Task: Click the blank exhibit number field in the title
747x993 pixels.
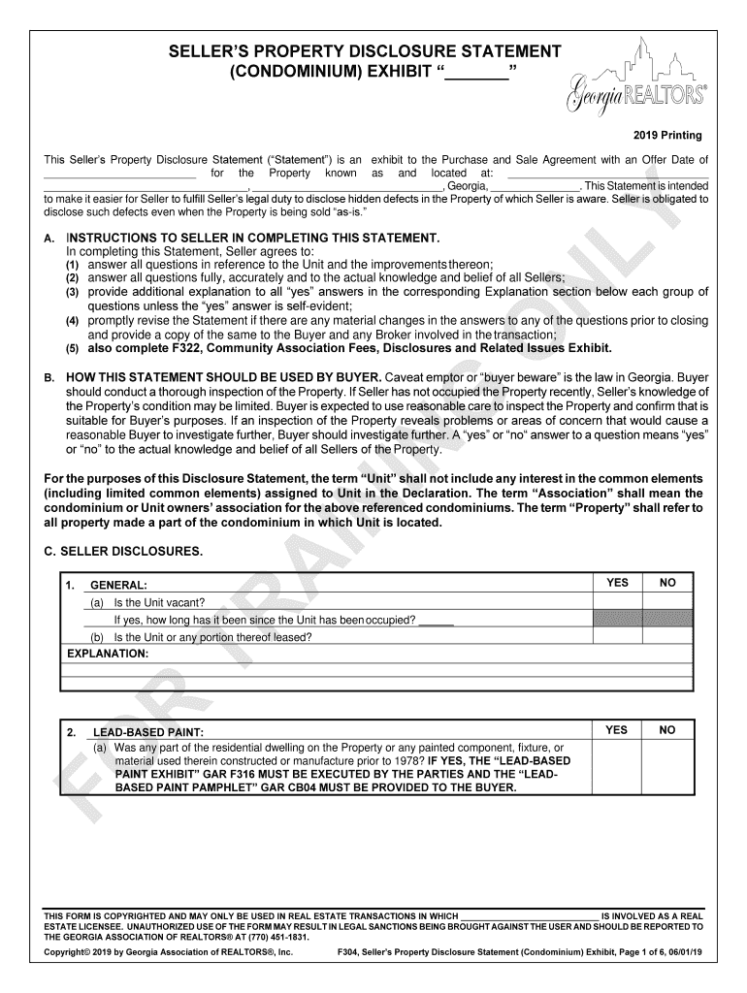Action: click(476, 75)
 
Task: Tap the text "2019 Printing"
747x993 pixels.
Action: click(668, 135)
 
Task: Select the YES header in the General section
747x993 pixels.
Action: click(617, 583)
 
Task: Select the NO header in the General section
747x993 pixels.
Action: click(667, 583)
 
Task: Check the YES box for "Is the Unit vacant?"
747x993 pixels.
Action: click(617, 601)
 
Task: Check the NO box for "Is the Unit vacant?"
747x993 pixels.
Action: click(667, 601)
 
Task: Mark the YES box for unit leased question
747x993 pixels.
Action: click(617, 637)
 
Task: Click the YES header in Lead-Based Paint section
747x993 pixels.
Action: click(617, 730)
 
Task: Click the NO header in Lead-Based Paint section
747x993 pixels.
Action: click(667, 730)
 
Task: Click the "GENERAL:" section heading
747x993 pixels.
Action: click(118, 586)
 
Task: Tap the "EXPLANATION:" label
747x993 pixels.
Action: click(108, 655)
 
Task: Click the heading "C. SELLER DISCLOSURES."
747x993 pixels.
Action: click(123, 552)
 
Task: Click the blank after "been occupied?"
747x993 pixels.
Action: click(437, 621)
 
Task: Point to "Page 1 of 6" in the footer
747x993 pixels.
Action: click(638, 953)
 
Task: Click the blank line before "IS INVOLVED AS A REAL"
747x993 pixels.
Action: click(529, 915)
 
